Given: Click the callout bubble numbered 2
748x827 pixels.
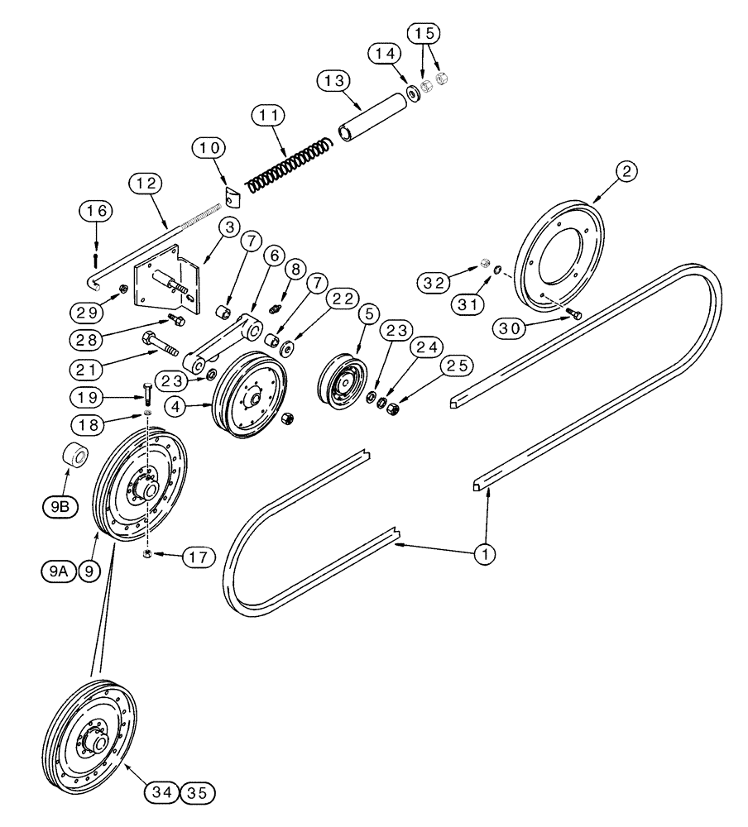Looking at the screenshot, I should coord(626,171).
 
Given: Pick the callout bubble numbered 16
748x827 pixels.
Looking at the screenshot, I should coord(97,212).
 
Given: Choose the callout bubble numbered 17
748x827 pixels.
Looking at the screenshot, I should coord(196,557).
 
